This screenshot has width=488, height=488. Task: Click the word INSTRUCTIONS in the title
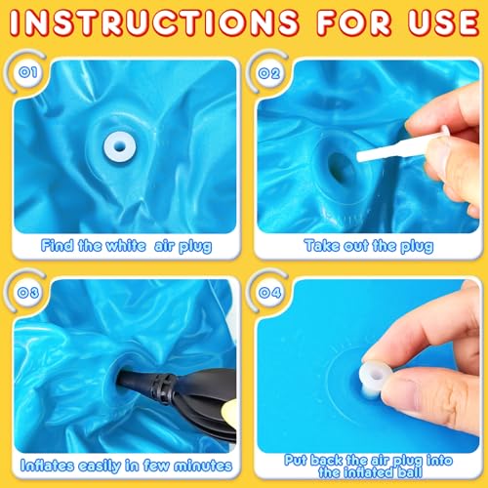[153, 22]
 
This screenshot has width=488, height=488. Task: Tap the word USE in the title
[444, 22]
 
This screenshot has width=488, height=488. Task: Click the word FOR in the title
[353, 22]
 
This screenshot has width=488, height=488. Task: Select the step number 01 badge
[28, 72]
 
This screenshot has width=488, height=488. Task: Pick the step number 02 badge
[269, 73]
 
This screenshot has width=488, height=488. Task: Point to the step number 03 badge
[28, 293]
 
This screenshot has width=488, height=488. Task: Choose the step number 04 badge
[270, 293]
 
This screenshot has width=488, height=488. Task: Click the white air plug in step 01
[119, 146]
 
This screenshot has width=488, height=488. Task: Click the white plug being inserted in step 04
[376, 378]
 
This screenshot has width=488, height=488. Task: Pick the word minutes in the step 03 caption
[203, 466]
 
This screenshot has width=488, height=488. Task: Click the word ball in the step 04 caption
[411, 471]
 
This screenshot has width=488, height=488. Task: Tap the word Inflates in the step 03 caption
[47, 466]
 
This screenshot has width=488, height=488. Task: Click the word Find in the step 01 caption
[57, 245]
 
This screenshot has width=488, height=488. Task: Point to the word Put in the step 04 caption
[296, 460]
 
